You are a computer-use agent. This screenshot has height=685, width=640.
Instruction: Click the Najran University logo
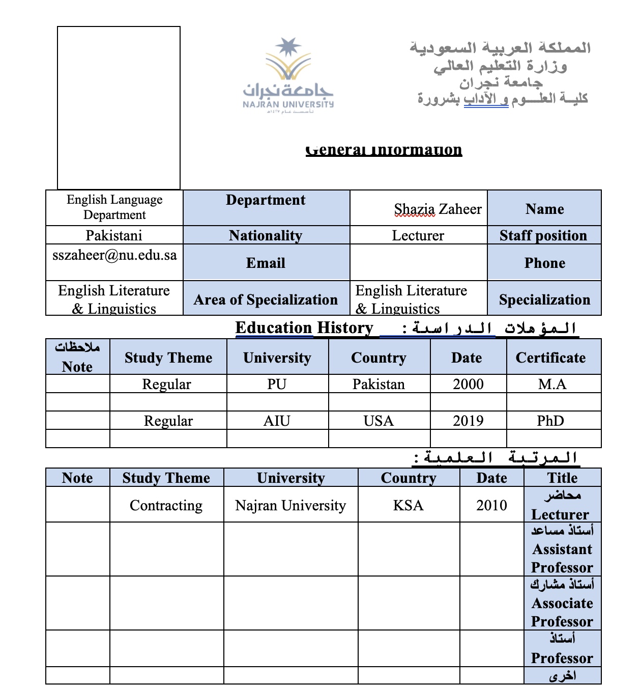point(288,74)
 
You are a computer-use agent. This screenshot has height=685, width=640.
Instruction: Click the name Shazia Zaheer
point(438,209)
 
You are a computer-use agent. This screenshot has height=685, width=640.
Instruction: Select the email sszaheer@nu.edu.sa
point(114,255)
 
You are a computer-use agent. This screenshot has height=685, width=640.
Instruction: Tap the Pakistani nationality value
point(114,235)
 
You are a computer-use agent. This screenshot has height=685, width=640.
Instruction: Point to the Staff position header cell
point(543,235)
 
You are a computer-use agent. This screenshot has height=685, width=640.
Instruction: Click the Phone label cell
point(544,263)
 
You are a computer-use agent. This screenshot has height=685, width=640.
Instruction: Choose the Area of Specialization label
point(266,299)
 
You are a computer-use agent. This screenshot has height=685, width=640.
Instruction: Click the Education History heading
point(304,327)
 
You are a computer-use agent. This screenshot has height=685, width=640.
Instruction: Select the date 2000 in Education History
point(468,384)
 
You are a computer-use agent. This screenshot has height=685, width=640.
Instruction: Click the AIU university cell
point(277,421)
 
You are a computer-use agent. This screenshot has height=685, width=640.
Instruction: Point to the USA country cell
point(379,421)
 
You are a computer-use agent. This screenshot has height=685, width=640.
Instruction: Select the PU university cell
point(277,384)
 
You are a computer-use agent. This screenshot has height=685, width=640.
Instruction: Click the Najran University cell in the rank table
point(290,505)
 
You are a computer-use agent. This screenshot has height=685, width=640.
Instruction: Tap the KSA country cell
point(408,505)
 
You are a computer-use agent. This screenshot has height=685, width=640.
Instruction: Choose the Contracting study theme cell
point(166,505)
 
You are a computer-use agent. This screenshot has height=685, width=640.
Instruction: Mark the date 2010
point(491,505)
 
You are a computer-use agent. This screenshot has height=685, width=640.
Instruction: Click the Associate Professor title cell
point(562,604)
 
